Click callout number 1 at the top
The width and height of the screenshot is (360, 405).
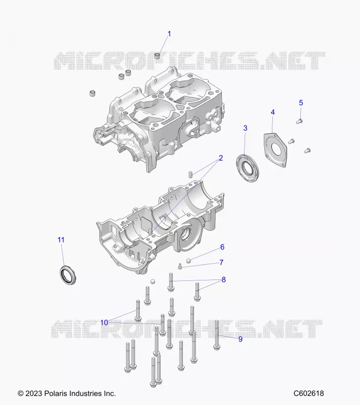tap(170, 34)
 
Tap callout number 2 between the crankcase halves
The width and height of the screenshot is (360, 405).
tap(221, 158)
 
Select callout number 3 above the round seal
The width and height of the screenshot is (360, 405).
tap(245, 128)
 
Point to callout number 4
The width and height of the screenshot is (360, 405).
tap(272, 112)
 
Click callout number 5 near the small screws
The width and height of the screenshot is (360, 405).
tap(301, 103)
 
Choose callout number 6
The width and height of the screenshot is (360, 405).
tap(222, 247)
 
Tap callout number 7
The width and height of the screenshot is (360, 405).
tap(221, 262)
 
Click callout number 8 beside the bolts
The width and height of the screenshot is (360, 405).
tap(224, 279)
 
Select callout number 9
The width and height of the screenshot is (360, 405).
tap(241, 339)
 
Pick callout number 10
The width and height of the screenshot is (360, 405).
tap(104, 322)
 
